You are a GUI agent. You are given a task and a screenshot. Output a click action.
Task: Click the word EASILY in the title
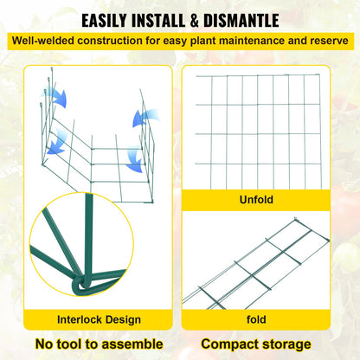[110, 20]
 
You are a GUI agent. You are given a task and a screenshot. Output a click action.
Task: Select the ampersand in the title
[208, 20]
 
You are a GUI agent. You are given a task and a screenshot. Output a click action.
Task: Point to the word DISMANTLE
[250, 20]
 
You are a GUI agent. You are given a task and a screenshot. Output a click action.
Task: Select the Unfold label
[256, 200]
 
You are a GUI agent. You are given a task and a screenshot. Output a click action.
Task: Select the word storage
[285, 344]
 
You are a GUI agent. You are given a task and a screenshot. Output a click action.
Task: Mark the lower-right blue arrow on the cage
[135, 159]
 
